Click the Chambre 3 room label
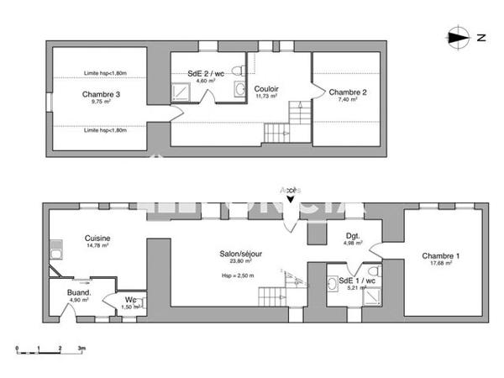(x=101, y=94)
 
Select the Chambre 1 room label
(x=441, y=255)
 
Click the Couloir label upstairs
(x=267, y=89)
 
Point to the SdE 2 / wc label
(x=206, y=73)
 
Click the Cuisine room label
(x=97, y=239)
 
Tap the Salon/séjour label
(x=238, y=251)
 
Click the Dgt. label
(x=352, y=236)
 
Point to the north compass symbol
(x=458, y=36)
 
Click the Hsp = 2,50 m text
(x=238, y=275)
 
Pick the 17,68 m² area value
(x=441, y=264)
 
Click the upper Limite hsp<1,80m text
(x=104, y=73)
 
